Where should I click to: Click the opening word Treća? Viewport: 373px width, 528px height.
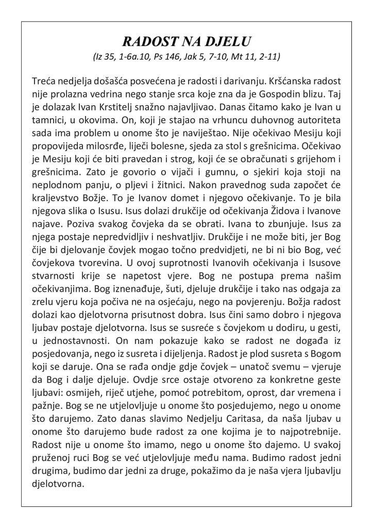[44, 82]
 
